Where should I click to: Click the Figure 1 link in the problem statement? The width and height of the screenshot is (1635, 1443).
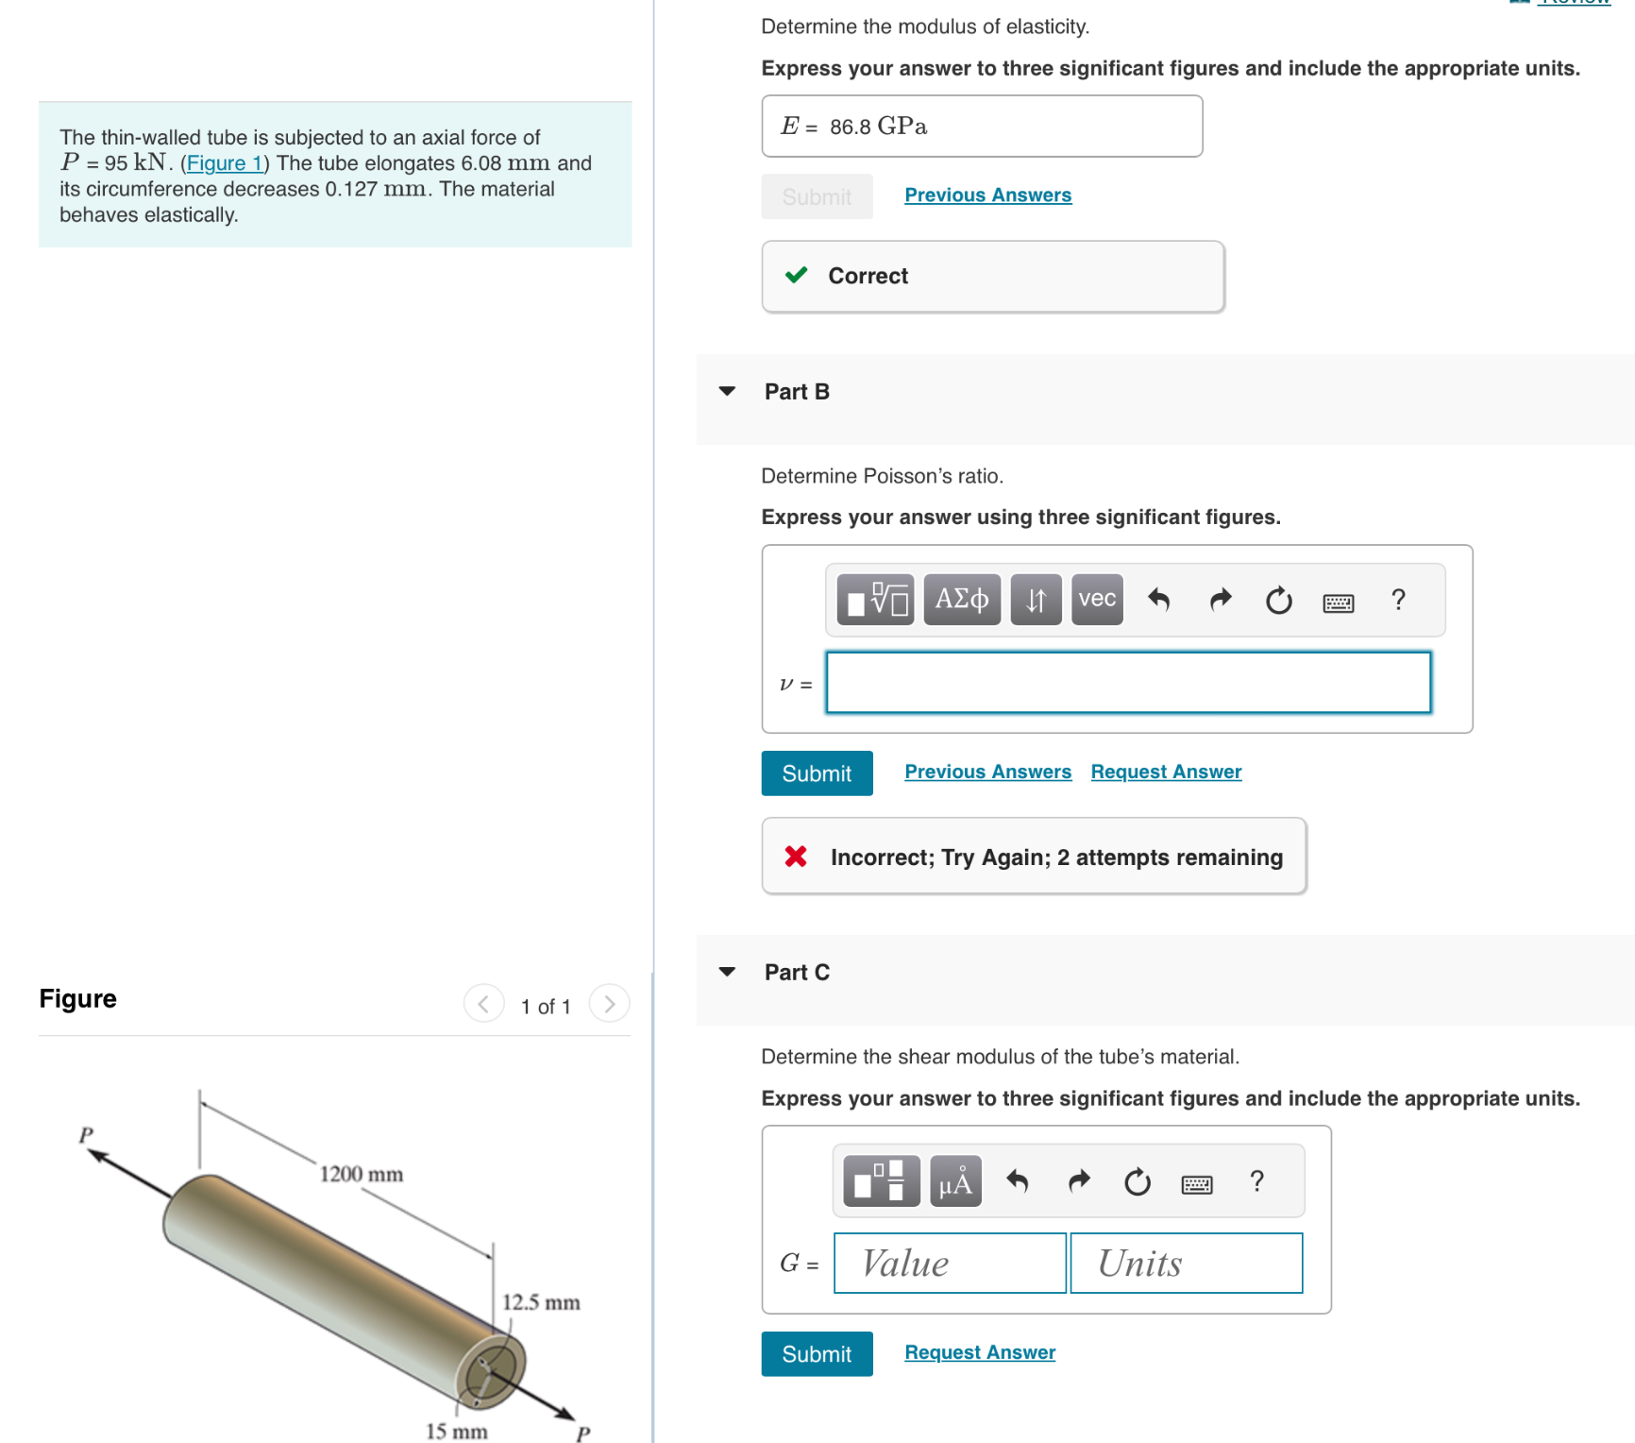[225, 163]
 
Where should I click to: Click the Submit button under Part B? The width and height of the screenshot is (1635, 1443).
[817, 773]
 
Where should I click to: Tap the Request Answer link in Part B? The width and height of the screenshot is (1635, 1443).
[1166, 772]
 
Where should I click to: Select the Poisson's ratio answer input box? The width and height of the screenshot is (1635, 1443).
[1128, 682]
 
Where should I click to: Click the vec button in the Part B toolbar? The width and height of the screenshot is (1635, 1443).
[1097, 600]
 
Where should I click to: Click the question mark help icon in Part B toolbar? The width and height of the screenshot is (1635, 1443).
[1398, 600]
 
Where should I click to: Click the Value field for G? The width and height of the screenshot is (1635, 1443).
[950, 1263]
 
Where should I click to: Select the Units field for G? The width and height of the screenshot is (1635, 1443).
[1186, 1263]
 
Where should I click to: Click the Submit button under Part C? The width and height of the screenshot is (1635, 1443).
[817, 1354]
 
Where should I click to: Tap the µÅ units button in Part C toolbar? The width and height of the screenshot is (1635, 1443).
[955, 1181]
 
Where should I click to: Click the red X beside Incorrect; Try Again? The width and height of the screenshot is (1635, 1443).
[796, 857]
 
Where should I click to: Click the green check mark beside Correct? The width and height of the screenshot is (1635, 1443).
[797, 275]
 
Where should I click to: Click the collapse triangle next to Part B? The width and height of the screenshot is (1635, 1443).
[727, 391]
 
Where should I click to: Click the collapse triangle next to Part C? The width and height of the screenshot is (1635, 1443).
[727, 972]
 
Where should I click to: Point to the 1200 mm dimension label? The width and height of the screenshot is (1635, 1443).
[361, 1174]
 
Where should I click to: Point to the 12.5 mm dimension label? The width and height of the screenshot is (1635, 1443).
[540, 1302]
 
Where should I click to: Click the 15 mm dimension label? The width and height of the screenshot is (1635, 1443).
[456, 1431]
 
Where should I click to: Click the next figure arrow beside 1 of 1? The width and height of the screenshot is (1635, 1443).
[609, 1004]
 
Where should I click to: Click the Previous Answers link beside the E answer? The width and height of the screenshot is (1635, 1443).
[987, 195]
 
